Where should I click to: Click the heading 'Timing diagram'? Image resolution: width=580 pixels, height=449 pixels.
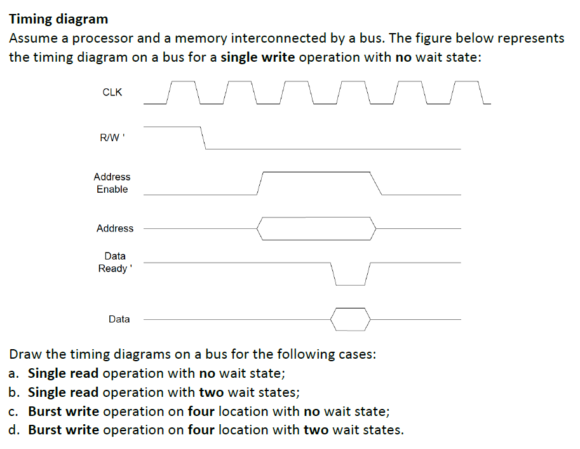[58, 19]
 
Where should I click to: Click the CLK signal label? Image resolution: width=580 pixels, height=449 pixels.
[112, 92]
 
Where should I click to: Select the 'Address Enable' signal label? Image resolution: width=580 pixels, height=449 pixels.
[112, 183]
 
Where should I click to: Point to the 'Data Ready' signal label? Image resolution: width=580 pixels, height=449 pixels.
[114, 262]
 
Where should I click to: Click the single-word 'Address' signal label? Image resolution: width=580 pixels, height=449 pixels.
[115, 228]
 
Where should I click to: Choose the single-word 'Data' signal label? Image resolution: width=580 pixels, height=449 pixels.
[119, 319]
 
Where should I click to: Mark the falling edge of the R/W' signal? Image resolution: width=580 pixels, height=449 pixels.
[203, 137]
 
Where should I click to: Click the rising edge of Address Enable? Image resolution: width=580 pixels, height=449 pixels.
[260, 183]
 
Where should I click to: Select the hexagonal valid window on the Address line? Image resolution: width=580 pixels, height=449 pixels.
[316, 228]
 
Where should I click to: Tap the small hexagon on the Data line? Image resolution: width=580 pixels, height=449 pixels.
[350, 319]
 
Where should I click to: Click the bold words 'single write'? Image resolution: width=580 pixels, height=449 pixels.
[257, 57]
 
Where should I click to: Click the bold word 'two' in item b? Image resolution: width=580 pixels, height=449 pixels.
[212, 392]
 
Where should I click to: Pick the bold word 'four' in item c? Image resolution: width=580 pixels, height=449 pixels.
[201, 411]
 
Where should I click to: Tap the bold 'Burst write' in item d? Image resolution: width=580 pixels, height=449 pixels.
[64, 430]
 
